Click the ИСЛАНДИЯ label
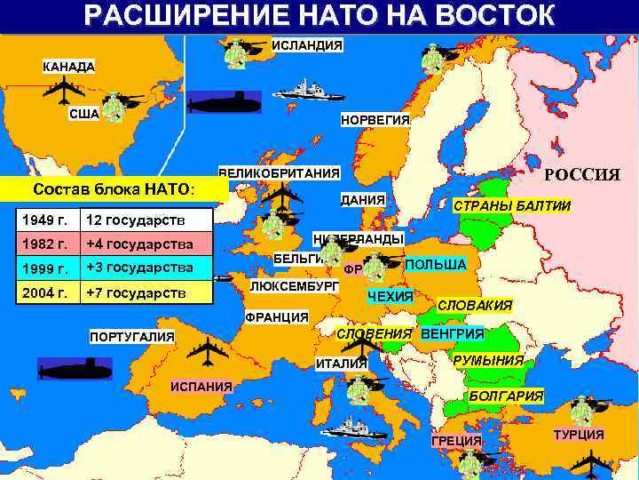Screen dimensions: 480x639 [307, 45]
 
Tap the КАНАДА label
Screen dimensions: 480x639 [70, 67]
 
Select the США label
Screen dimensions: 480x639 [84, 114]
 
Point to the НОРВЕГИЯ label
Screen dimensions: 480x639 [375, 120]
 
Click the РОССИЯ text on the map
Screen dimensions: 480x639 [581, 175]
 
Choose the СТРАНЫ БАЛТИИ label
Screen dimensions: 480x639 [512, 205]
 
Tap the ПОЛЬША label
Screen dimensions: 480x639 [435, 265]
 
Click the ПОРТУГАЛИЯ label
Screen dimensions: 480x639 [132, 336]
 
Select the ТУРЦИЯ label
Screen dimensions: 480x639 [579, 435]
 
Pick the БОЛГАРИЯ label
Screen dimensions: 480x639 [506, 394]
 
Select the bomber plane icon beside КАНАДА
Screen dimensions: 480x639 [64, 90]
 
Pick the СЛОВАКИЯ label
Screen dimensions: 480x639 [475, 306]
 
